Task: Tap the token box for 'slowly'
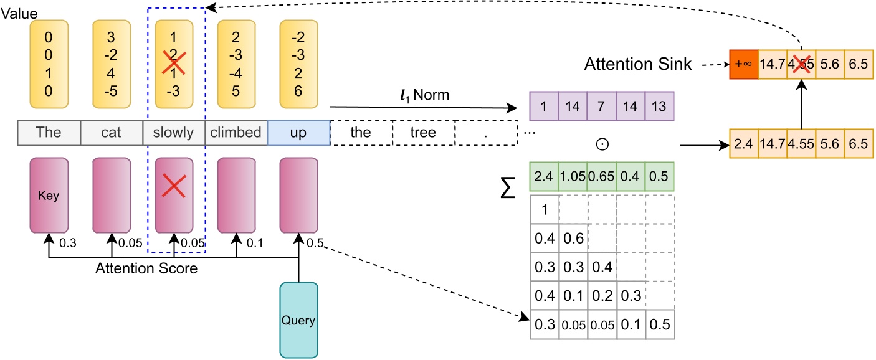click(173, 133)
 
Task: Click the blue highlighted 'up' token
click(298, 133)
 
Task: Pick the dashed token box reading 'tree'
click(423, 133)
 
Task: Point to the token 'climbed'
click(236, 133)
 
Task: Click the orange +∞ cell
click(743, 64)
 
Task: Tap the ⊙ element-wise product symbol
click(602, 144)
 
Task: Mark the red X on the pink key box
click(174, 184)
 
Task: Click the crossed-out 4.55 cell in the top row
click(802, 64)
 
